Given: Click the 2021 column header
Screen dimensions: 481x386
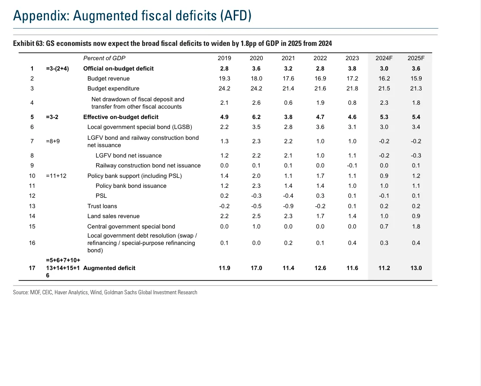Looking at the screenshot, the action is (288, 58).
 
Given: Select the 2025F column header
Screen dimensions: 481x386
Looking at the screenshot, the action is (416, 58).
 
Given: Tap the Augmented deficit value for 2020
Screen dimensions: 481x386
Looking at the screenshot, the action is (256, 268).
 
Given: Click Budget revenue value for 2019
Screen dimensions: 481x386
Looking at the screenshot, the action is (225, 78).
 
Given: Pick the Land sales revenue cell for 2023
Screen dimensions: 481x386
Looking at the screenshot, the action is (352, 216).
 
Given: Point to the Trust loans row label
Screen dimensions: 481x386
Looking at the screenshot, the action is (102, 206).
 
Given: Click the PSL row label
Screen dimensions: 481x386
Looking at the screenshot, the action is (101, 196).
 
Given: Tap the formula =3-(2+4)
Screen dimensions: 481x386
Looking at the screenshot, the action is (57, 69).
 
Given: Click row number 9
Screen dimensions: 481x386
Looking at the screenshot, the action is (32, 166).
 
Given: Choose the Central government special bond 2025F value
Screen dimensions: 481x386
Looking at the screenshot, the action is (416, 227).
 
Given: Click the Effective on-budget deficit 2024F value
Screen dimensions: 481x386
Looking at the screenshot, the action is (384, 117).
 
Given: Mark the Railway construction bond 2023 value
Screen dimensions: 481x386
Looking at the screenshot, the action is (352, 166).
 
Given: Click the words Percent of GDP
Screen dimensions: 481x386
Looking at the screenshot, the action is (104, 58).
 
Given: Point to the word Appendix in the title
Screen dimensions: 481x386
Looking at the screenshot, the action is (41, 16).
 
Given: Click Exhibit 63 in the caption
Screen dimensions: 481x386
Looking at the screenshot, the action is (28, 44).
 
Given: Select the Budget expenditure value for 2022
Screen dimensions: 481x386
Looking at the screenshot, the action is (320, 89).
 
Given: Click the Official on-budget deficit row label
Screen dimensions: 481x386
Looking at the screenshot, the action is (118, 69).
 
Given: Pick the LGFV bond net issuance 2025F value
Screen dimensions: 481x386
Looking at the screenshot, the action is (416, 156).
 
